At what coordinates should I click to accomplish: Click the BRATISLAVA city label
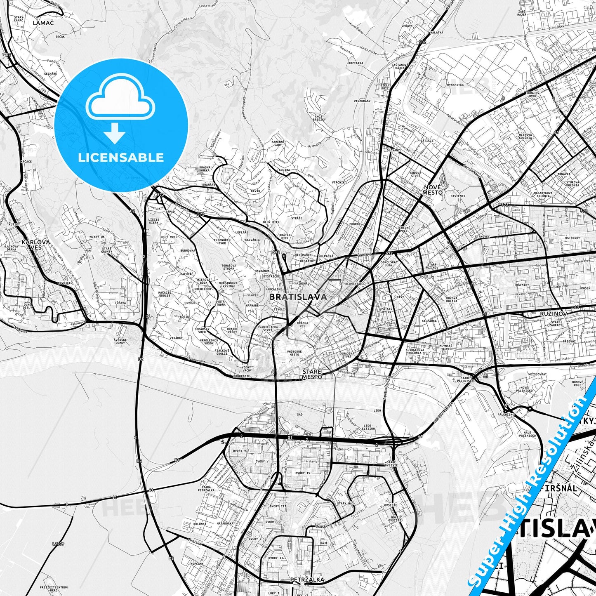297,297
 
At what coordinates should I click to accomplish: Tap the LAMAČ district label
43,23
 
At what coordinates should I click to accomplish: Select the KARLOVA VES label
36,245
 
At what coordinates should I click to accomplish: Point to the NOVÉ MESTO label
433,190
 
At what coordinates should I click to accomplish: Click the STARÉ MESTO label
311,374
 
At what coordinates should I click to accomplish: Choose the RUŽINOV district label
554,313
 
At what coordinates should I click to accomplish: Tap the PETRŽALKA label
307,580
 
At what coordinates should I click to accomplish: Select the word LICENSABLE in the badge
121,158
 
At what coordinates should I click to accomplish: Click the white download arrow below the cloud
115,133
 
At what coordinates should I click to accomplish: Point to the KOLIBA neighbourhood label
284,170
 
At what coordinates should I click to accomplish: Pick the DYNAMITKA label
455,85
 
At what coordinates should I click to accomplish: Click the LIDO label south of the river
377,411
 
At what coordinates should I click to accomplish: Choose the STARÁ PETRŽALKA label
206,489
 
